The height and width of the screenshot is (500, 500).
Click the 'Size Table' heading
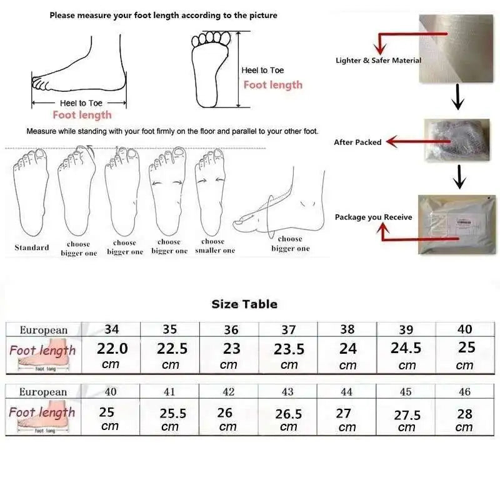point(244,304)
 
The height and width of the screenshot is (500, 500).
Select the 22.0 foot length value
point(112,348)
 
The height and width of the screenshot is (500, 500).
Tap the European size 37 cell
point(289,329)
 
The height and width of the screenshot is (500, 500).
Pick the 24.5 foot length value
point(406,348)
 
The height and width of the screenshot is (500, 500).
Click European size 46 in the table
point(464,392)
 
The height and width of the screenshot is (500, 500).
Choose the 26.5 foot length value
point(289,414)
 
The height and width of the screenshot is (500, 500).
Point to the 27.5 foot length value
point(407,415)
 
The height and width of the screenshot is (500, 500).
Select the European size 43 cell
point(287,392)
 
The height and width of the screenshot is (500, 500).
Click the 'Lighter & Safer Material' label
point(378,61)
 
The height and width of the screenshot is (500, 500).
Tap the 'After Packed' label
point(357,142)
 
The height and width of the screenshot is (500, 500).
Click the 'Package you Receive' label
point(373,217)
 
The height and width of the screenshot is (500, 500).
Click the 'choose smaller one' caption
point(214,246)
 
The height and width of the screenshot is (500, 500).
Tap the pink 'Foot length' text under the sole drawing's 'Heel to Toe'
point(272,85)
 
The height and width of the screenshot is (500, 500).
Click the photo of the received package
point(457,224)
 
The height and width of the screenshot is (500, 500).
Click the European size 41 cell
point(169,392)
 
